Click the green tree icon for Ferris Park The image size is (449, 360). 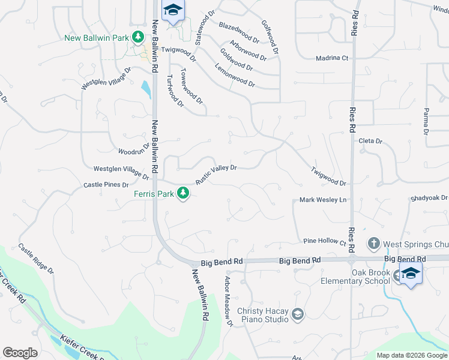184,193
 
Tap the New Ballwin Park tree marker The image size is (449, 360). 139,37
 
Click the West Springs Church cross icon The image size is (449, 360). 373,244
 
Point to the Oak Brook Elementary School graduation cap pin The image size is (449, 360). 411,274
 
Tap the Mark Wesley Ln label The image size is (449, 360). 324,200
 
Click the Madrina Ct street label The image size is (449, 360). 333,58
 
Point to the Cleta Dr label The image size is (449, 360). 370,141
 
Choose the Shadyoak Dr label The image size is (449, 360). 429,197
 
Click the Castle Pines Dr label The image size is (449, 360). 107,185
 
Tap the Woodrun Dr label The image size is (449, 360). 134,149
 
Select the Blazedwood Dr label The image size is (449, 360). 239,33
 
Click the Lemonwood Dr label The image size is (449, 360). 235,77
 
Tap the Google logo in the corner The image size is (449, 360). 20,353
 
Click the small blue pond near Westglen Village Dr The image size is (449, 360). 146,90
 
